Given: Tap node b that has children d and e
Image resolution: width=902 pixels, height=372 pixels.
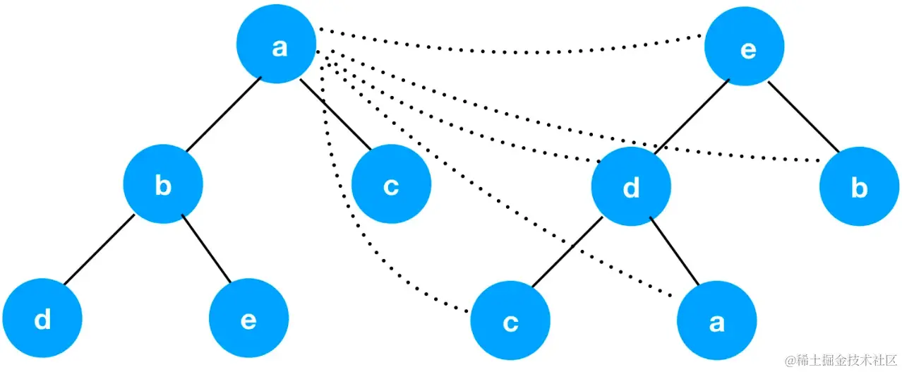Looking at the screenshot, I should point(163,185).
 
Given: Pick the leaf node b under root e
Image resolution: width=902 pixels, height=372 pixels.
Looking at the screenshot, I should point(858,188).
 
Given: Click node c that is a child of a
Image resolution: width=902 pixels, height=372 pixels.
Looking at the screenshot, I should point(390,186).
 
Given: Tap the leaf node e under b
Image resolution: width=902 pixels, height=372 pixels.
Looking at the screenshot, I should point(248,319).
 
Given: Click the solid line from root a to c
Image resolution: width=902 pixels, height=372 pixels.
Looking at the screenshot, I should point(335,115).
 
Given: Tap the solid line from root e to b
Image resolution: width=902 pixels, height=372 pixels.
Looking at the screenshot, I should point(804,117).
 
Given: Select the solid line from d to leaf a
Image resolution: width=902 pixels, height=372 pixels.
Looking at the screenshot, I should point(675,253).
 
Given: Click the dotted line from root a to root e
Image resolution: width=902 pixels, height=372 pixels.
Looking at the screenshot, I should point(508,50).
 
